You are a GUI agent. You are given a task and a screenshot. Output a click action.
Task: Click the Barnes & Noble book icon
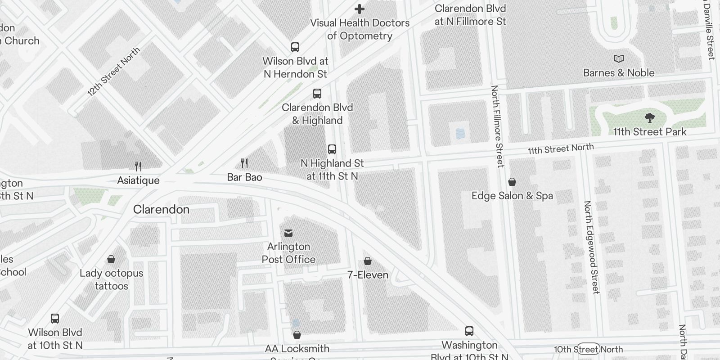coord(619,58)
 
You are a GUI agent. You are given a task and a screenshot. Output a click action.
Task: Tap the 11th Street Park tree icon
coord(649,118)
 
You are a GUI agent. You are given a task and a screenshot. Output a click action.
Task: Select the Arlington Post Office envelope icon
coord(288,233)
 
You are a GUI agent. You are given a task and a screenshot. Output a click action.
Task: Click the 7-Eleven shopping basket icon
coord(368,261)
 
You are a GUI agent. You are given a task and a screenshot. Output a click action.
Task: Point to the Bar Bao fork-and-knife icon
coord(244,163)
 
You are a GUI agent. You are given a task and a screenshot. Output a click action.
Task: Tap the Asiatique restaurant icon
coord(138,166)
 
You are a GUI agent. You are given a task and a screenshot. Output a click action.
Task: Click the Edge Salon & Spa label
coord(512,196)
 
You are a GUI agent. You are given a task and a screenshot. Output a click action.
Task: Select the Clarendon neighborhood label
coord(161,209)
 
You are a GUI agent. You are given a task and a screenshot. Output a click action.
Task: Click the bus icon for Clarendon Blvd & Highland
coord(317,94)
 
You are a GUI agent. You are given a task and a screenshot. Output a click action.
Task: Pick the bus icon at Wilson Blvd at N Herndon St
coord(295,47)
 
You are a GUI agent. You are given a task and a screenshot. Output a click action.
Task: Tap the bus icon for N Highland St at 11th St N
coord(332,149)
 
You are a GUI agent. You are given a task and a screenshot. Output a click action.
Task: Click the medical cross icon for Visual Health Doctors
coord(360,9)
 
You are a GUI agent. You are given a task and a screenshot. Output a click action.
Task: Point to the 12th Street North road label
coord(113,72)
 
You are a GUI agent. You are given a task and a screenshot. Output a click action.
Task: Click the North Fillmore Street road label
coord(497,126)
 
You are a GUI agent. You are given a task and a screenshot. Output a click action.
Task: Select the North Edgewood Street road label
coord(592,247)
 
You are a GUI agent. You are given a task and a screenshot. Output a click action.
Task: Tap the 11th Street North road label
coord(561,149)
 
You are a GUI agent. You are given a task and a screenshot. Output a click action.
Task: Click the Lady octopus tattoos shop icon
coord(111,259)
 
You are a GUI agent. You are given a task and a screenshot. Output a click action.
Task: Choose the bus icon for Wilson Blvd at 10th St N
coord(55,319)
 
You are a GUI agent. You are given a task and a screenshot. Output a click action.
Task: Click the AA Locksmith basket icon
coord(297,335)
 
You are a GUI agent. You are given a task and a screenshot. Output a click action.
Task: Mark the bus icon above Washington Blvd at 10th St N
coord(469,332)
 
